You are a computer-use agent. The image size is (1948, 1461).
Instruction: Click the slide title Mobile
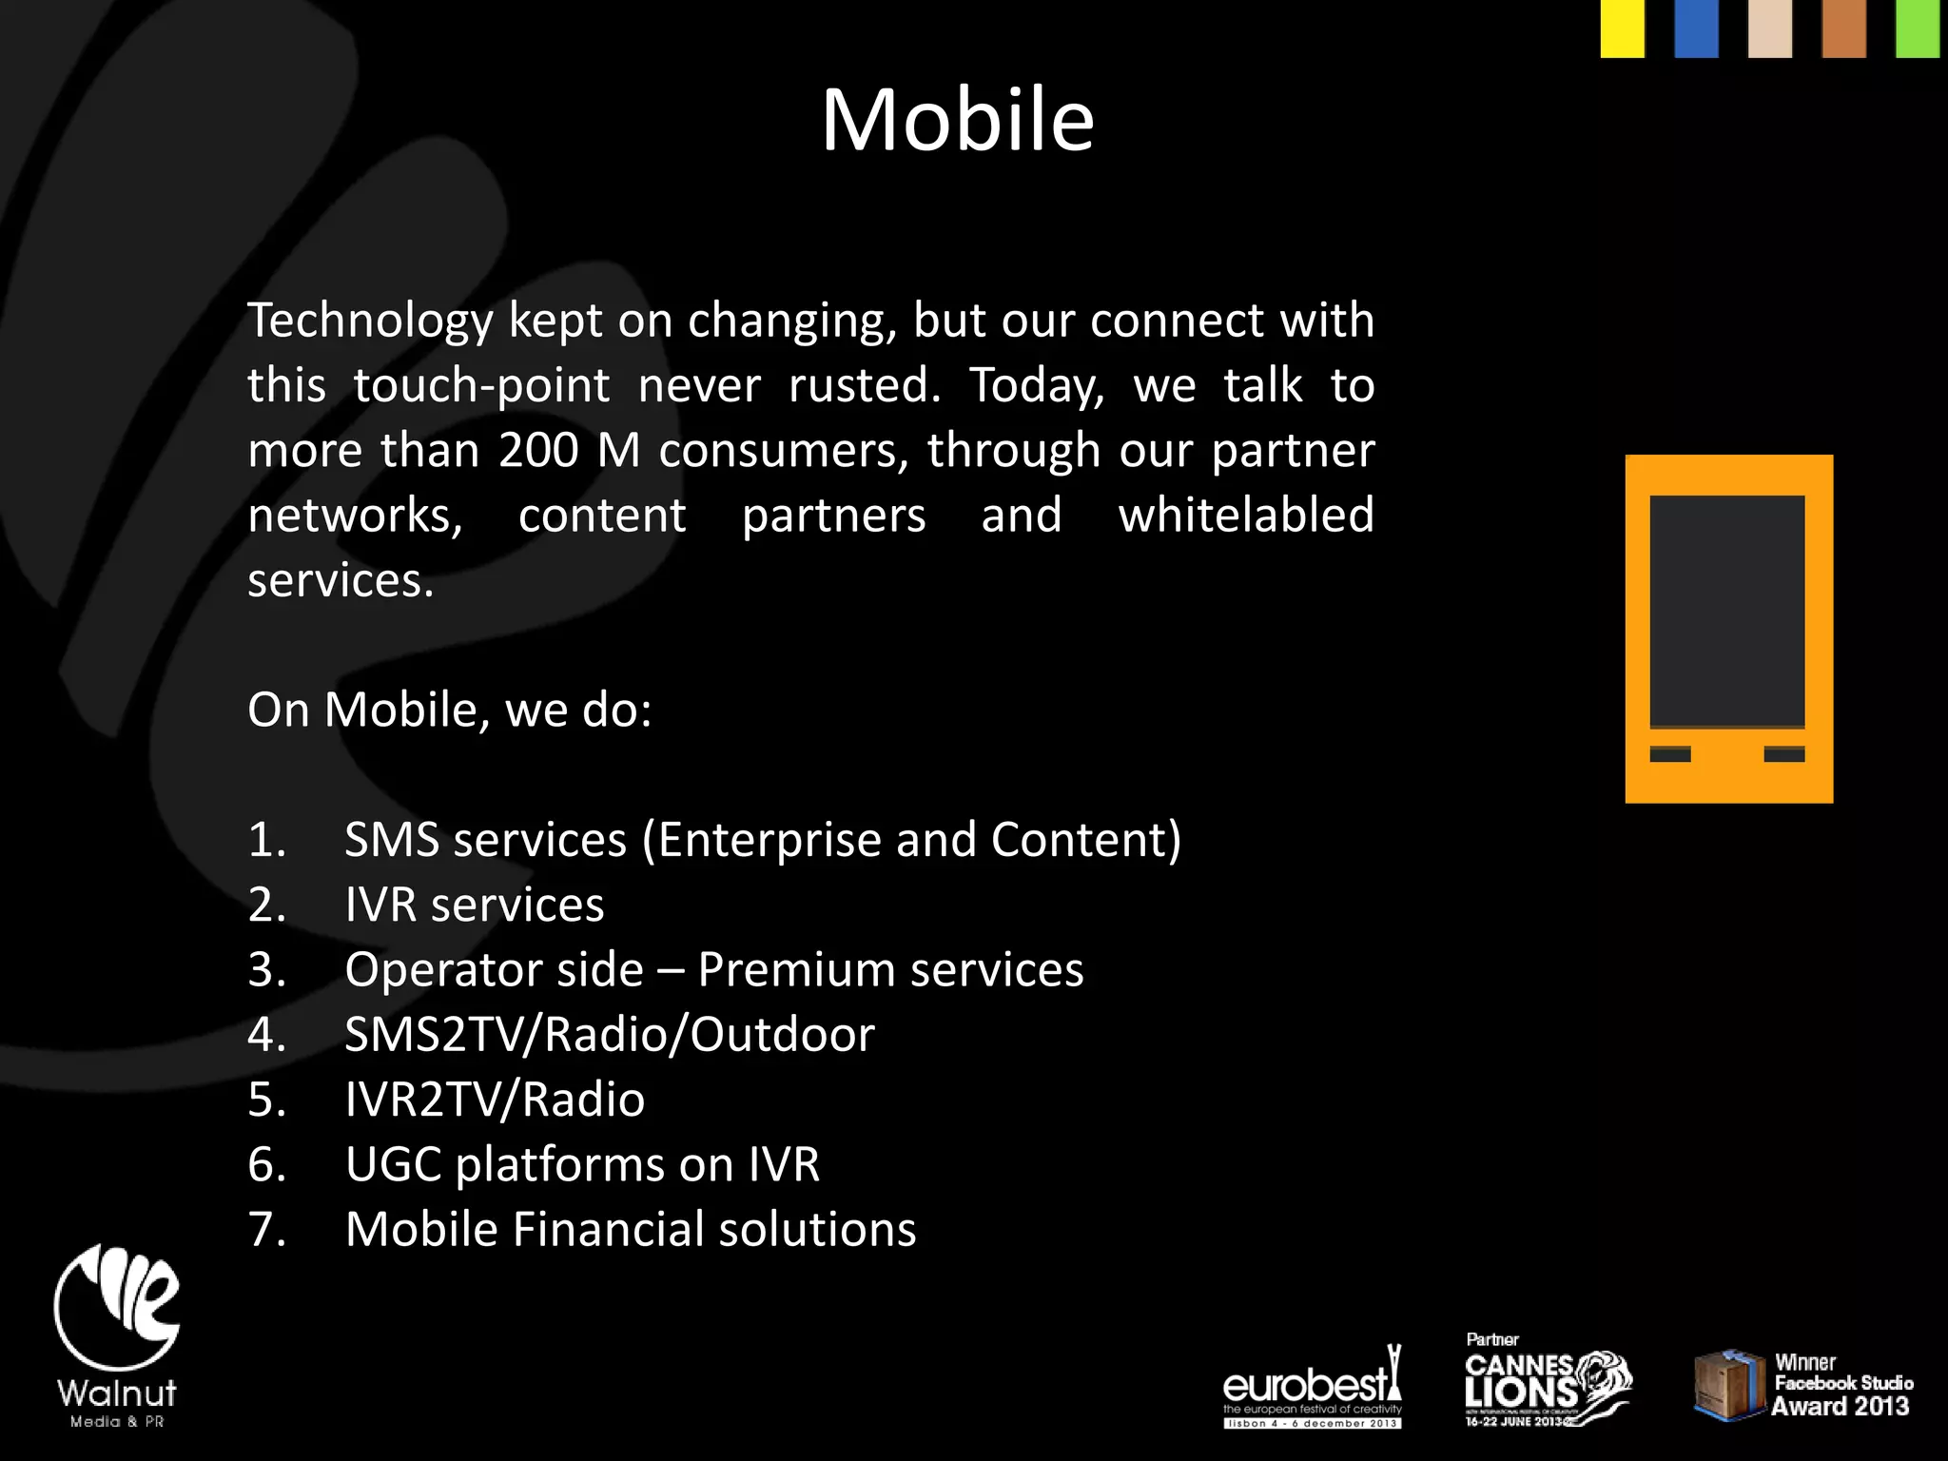pyautogui.click(x=958, y=120)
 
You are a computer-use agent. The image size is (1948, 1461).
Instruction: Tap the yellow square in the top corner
pyautogui.click(x=1622, y=29)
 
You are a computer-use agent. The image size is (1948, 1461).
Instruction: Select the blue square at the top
pyautogui.click(x=1696, y=29)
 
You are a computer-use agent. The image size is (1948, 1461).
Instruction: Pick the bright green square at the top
pyautogui.click(x=1918, y=29)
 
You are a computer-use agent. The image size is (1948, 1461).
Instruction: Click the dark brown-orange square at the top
pyautogui.click(x=1843, y=29)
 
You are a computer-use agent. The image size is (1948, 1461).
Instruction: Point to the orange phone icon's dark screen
pyautogui.click(x=1727, y=611)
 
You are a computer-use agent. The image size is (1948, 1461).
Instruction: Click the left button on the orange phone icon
pyautogui.click(x=1670, y=754)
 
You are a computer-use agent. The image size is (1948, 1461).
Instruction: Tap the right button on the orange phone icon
pyautogui.click(x=1784, y=754)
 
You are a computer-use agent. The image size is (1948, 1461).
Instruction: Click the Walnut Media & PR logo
pyautogui.click(x=117, y=1335)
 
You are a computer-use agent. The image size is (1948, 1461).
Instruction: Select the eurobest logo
pyautogui.click(x=1312, y=1388)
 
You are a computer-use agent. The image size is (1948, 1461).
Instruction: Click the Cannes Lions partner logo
pyautogui.click(x=1546, y=1382)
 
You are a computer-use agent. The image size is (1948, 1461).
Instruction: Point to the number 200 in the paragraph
pyautogui.click(x=538, y=450)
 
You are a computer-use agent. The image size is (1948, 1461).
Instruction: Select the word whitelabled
pyautogui.click(x=1246, y=516)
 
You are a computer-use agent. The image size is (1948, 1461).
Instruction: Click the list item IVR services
pyautogui.click(x=474, y=905)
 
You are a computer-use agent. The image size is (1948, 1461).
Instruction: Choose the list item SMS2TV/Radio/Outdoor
pyautogui.click(x=609, y=1035)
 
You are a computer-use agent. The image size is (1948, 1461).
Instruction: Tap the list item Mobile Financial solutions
pyautogui.click(x=630, y=1229)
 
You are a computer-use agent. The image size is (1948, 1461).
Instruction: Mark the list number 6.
pyautogui.click(x=266, y=1164)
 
